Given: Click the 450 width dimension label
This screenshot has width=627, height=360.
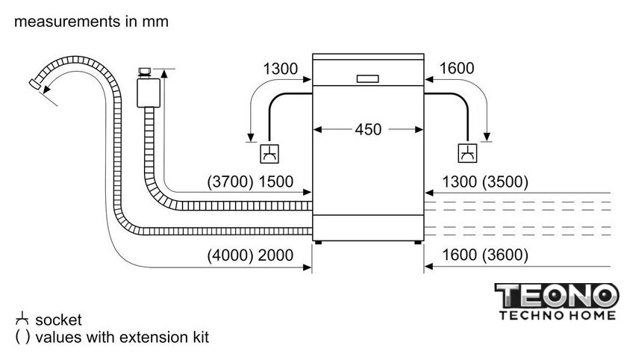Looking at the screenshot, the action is (368, 129).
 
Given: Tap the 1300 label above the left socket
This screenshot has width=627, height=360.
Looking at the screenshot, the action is (281, 69).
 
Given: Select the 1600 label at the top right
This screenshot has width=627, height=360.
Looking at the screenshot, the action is (457, 69).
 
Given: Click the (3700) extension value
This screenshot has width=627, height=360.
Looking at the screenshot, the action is (231, 181).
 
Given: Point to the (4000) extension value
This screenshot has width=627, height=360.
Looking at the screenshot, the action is (231, 255).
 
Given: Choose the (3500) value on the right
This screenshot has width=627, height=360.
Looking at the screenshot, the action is (505, 181).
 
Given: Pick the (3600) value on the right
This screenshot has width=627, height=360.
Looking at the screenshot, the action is (505, 255).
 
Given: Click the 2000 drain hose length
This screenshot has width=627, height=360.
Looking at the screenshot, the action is (275, 255).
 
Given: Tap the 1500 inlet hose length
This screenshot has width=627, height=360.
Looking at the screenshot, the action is (276, 181).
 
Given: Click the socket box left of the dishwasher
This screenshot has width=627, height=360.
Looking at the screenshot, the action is (269, 154).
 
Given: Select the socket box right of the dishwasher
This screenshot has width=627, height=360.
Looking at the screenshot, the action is (467, 153).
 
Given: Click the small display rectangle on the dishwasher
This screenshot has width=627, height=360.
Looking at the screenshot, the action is (367, 79).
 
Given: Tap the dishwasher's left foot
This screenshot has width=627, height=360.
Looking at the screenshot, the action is (318, 243).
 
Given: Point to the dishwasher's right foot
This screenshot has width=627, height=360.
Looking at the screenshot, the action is (417, 243).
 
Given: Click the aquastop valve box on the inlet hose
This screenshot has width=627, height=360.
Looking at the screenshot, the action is (149, 93).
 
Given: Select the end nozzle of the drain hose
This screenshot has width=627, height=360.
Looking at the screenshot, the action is (35, 84).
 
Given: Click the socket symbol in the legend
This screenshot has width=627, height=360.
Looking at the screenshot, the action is (22, 319).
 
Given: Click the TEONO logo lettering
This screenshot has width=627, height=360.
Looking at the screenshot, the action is (557, 295).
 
